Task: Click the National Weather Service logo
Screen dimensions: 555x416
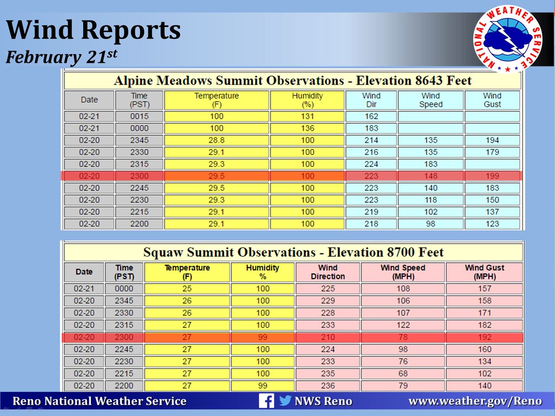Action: [x=507, y=39]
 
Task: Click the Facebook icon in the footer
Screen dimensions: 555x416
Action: [x=266, y=401]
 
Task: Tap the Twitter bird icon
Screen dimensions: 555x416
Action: [x=285, y=400]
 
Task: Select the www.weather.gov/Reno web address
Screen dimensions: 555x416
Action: [x=475, y=401]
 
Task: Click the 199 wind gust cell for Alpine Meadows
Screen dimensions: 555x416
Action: [x=492, y=176]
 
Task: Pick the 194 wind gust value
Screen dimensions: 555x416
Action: [x=492, y=140]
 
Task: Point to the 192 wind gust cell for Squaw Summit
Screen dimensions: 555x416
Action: [x=484, y=337]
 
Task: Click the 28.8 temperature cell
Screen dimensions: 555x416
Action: [x=216, y=140]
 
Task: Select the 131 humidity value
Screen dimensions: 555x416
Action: [x=307, y=116]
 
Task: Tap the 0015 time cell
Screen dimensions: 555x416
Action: [x=139, y=116]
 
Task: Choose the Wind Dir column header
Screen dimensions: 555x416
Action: [x=371, y=100]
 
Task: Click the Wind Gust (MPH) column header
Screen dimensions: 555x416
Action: [x=484, y=272]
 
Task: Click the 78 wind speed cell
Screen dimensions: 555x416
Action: [x=403, y=337]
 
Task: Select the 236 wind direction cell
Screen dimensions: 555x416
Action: [x=328, y=385]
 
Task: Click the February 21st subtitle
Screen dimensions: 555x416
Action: [x=62, y=56]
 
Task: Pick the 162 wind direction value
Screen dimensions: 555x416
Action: [x=371, y=116]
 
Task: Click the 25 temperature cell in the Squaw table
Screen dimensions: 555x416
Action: [x=187, y=289]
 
